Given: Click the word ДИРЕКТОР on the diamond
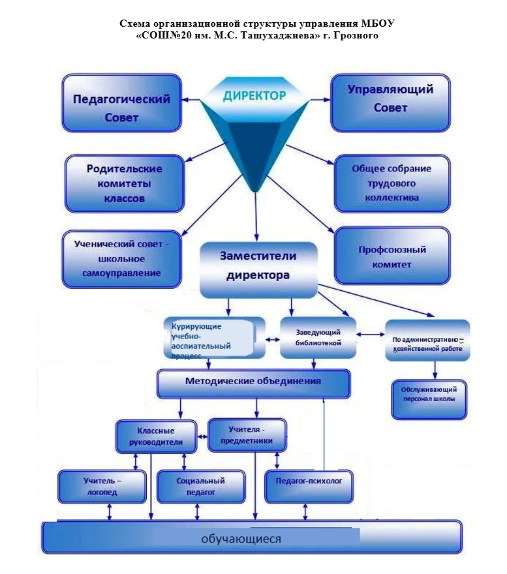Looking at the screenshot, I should [254, 95].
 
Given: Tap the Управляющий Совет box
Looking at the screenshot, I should [390, 100].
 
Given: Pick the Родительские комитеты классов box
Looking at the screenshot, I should [124, 183].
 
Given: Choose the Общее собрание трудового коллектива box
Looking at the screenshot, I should [392, 183].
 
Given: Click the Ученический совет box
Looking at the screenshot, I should [121, 258].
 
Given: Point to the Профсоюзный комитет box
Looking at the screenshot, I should [392, 257].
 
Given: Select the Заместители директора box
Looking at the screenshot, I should [258, 265].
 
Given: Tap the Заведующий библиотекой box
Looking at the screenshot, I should [318, 337].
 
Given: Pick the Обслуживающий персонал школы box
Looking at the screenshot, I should [429, 399].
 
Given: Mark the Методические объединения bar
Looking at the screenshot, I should [253, 382].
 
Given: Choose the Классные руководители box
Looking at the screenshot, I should [155, 437].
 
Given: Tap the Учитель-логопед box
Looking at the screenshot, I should [102, 487].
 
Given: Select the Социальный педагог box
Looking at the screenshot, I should [200, 487].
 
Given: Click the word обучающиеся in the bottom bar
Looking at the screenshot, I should [241, 539].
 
